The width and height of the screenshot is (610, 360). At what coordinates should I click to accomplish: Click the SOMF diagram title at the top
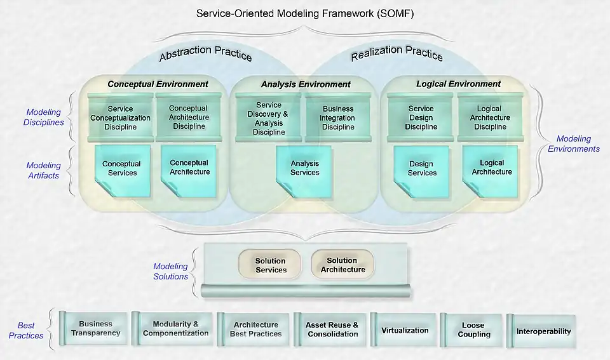pos(305,13)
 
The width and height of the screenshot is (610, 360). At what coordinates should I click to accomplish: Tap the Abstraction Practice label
pos(205,55)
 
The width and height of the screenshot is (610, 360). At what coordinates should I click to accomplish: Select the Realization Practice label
pos(396,55)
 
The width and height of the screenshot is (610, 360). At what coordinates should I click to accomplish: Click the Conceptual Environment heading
pos(158,84)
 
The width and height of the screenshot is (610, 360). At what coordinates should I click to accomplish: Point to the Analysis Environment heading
pos(306,84)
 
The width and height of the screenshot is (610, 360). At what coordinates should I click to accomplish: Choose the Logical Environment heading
pos(458,84)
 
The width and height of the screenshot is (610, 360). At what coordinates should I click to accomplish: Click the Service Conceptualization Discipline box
pos(121,117)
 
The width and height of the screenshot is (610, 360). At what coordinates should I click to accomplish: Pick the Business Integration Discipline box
pos(338,117)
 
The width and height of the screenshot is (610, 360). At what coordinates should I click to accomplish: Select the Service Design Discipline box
pos(421,117)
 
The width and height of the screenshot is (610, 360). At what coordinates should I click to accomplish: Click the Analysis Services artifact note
pos(305,168)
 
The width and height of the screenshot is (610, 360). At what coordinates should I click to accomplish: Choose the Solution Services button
pos(271,265)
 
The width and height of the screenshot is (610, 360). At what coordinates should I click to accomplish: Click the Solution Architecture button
pos(342,265)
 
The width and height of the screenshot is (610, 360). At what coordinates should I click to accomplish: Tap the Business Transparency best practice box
pos(95,329)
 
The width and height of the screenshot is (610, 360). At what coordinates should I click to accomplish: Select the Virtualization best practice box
pos(405,330)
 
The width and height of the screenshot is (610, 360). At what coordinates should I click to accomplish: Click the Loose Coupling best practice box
pos(473,330)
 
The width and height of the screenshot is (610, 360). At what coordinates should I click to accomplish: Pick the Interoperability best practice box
pos(543,331)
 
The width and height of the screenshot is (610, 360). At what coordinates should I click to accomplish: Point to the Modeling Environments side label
pos(573,143)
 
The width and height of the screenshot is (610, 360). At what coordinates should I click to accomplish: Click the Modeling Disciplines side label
pos(44,117)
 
